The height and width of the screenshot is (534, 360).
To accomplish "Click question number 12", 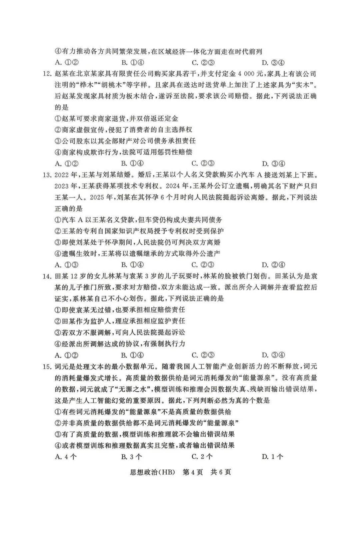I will (x=47, y=74).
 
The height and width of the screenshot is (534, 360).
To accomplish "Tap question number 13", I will (x=47, y=175).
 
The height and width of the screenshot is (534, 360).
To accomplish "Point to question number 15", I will (x=47, y=366).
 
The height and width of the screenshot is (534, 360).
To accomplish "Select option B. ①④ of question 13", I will (x=133, y=265).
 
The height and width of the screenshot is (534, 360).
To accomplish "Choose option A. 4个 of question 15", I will (x=66, y=456).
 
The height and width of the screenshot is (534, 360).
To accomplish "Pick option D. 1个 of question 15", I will (x=273, y=456).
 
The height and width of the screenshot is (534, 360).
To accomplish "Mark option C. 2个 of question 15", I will (x=202, y=456).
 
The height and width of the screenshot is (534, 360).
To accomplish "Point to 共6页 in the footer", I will (x=221, y=472).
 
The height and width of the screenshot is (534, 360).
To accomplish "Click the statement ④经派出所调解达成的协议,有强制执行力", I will (x=120, y=344).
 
